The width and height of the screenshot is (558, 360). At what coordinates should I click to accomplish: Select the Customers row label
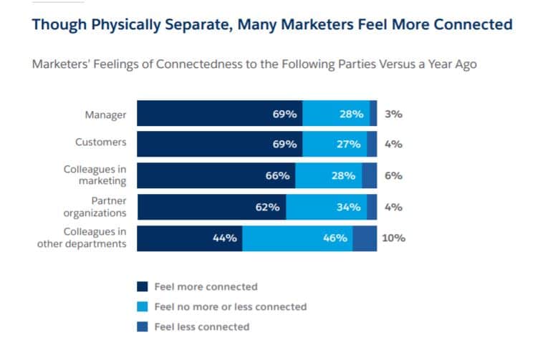100,142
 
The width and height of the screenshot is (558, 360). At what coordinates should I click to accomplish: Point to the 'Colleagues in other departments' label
82,238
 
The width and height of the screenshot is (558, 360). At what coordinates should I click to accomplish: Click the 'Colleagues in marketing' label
95,175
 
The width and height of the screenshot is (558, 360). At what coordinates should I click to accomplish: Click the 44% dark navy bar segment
189,238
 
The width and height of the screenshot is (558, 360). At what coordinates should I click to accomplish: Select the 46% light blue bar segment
297,238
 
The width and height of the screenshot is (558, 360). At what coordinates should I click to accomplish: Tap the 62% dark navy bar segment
211,207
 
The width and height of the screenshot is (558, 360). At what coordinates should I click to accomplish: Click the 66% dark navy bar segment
215,175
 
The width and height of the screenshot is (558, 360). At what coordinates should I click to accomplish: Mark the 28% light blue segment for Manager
336,114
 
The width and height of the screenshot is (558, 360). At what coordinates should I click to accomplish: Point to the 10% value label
393,238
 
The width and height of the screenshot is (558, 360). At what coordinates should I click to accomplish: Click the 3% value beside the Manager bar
393,114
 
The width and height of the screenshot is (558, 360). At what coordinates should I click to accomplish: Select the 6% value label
393,175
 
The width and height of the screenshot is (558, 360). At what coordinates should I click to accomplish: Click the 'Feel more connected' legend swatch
142,287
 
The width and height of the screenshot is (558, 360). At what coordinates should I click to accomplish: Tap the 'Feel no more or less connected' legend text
230,306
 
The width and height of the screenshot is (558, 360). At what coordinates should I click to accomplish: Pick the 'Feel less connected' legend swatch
142,327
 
